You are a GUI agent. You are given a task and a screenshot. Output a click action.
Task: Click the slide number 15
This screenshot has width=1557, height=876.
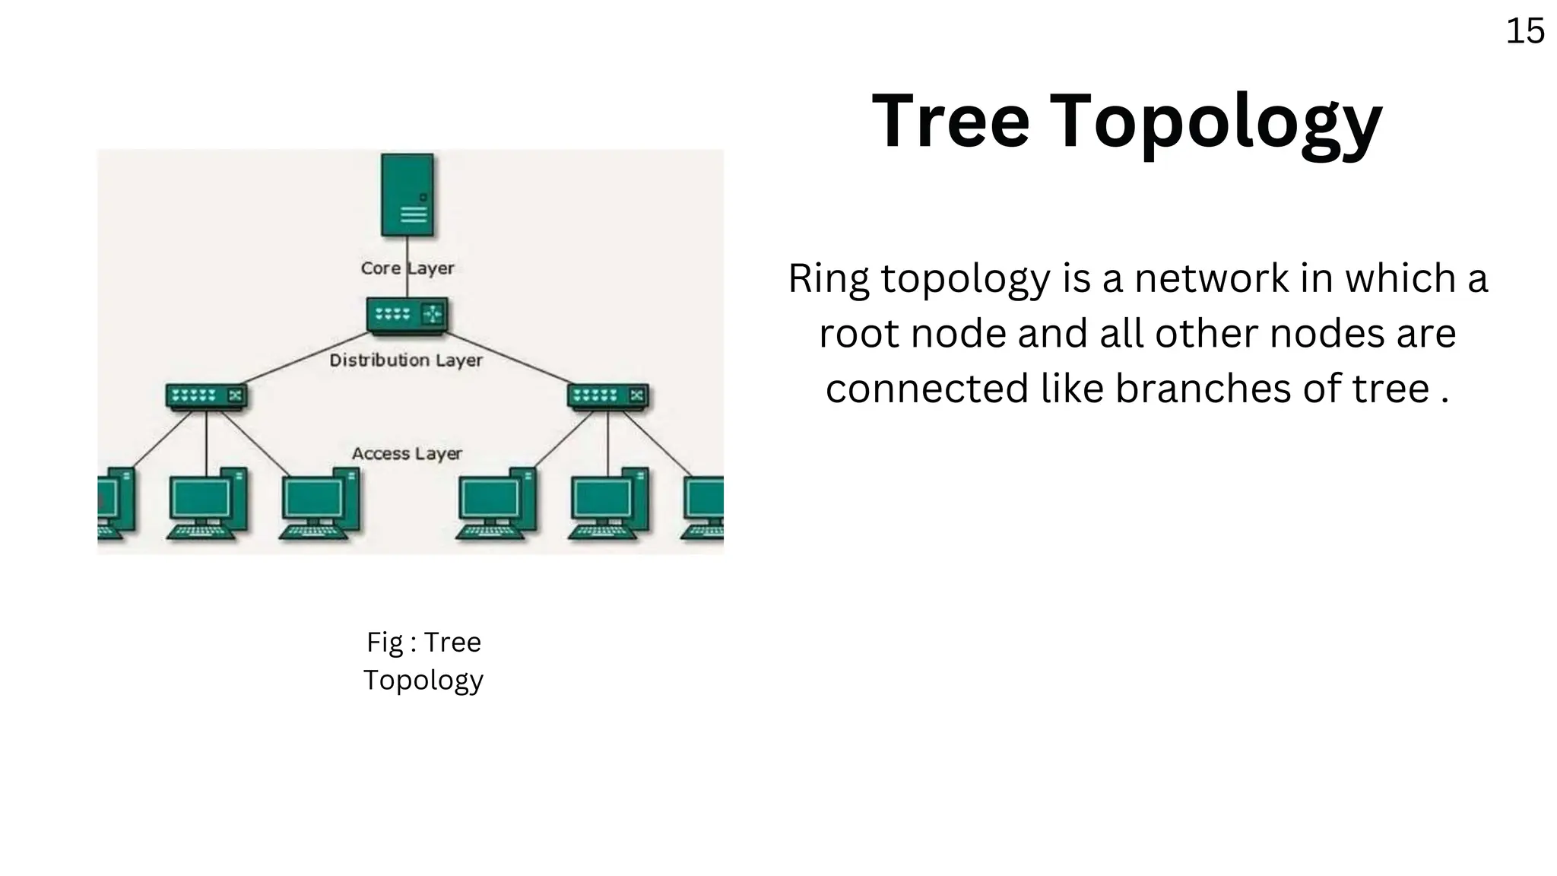pyautogui.click(x=1524, y=32)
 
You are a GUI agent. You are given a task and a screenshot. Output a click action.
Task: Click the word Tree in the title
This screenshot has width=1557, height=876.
pyautogui.click(x=950, y=122)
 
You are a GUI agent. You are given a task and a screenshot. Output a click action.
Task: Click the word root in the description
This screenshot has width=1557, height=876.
pyautogui.click(x=858, y=334)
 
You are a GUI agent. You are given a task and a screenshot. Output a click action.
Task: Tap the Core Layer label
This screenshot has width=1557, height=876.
pyautogui.click(x=407, y=268)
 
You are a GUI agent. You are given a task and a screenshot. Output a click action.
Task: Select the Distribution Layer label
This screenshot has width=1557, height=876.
pyautogui.click(x=406, y=360)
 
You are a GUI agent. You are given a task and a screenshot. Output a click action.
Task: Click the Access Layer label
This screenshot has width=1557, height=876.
pyautogui.click(x=407, y=454)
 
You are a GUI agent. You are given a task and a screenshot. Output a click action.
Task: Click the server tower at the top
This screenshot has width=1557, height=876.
pyautogui.click(x=407, y=195)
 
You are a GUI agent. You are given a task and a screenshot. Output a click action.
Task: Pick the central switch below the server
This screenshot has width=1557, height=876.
pyautogui.click(x=407, y=315)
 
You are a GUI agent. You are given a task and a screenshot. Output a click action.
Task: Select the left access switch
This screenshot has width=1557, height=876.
pyautogui.click(x=206, y=396)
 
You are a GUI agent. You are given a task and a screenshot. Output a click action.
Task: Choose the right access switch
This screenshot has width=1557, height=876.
pyautogui.click(x=607, y=396)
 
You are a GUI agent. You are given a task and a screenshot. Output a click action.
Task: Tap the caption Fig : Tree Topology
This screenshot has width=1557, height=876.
pyautogui.click(x=423, y=661)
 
